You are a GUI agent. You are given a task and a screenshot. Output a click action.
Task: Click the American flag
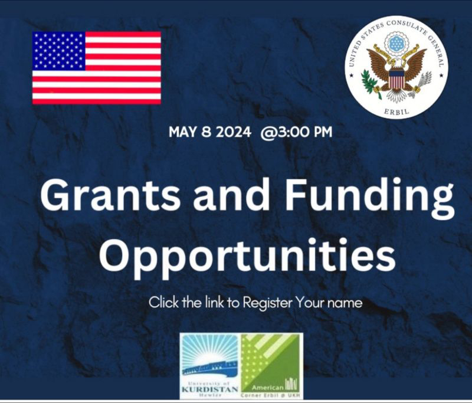tap(97, 68)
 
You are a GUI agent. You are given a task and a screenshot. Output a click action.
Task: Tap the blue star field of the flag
tap(58, 51)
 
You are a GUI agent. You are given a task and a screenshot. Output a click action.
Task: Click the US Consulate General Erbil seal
tap(396, 67)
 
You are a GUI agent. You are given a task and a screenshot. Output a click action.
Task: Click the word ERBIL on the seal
tap(396, 111)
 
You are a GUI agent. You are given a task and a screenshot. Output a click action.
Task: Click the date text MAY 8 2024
tap(209, 132)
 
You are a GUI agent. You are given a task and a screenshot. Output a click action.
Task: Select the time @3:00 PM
tap(297, 132)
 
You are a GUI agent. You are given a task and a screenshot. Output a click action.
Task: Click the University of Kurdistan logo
tap(210, 366)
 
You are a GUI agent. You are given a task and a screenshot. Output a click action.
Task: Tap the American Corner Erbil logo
tap(272, 366)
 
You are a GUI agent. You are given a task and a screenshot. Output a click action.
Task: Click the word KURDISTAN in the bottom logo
tap(210, 389)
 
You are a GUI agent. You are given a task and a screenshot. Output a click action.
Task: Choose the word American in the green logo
tap(267, 387)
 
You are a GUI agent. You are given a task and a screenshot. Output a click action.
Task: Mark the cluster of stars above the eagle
tap(396, 44)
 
